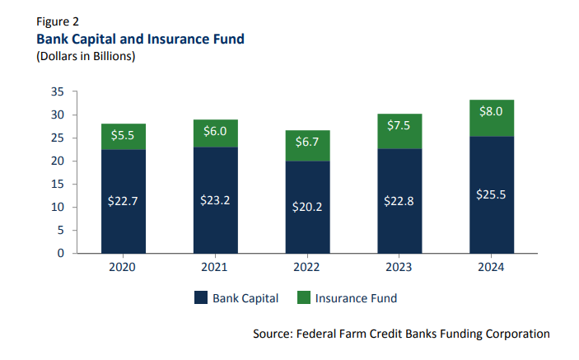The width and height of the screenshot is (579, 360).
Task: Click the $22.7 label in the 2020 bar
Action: [x=123, y=202]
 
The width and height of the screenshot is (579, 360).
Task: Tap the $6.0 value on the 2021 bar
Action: [x=215, y=132]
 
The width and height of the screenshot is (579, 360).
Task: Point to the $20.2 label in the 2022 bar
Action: [x=307, y=207]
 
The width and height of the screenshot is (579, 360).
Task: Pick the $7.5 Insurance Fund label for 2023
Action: [x=399, y=125]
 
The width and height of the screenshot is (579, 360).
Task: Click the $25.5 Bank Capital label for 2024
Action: [x=491, y=194]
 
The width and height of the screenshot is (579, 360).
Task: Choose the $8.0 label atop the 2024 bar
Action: [x=491, y=112]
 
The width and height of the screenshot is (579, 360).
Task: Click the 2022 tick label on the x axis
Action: [x=307, y=268]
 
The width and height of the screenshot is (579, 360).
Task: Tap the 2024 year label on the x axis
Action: [x=491, y=268]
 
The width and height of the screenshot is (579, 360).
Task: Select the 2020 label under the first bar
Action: [x=123, y=268]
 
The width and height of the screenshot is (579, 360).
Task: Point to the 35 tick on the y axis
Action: [x=58, y=92]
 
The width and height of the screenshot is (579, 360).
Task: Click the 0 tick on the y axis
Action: [x=61, y=253]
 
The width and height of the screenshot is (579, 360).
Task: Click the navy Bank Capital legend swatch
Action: [x=200, y=297]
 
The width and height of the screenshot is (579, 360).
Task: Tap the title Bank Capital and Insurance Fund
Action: [x=139, y=39]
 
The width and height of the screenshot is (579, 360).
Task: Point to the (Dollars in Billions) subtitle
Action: [x=85, y=56]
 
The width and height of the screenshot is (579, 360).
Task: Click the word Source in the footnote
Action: [x=276, y=334]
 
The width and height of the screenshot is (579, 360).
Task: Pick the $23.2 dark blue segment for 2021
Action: [x=215, y=200]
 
